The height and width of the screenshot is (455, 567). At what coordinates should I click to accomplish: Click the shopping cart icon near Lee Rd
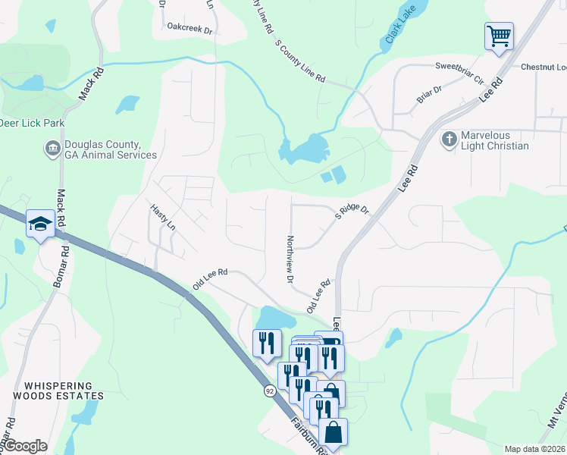[x=499, y=36]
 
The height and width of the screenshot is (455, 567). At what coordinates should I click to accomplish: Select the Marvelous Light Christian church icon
[x=449, y=140]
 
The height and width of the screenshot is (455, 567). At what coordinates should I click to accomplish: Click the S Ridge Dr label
[x=352, y=209]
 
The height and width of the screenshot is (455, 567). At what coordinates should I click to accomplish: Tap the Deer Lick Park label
[x=32, y=123]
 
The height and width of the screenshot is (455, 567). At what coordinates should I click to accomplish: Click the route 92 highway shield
[x=270, y=391]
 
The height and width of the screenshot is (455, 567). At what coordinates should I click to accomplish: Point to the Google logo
[x=24, y=446]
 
